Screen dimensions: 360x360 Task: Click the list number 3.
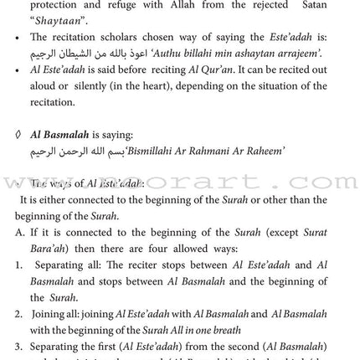(20, 346)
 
